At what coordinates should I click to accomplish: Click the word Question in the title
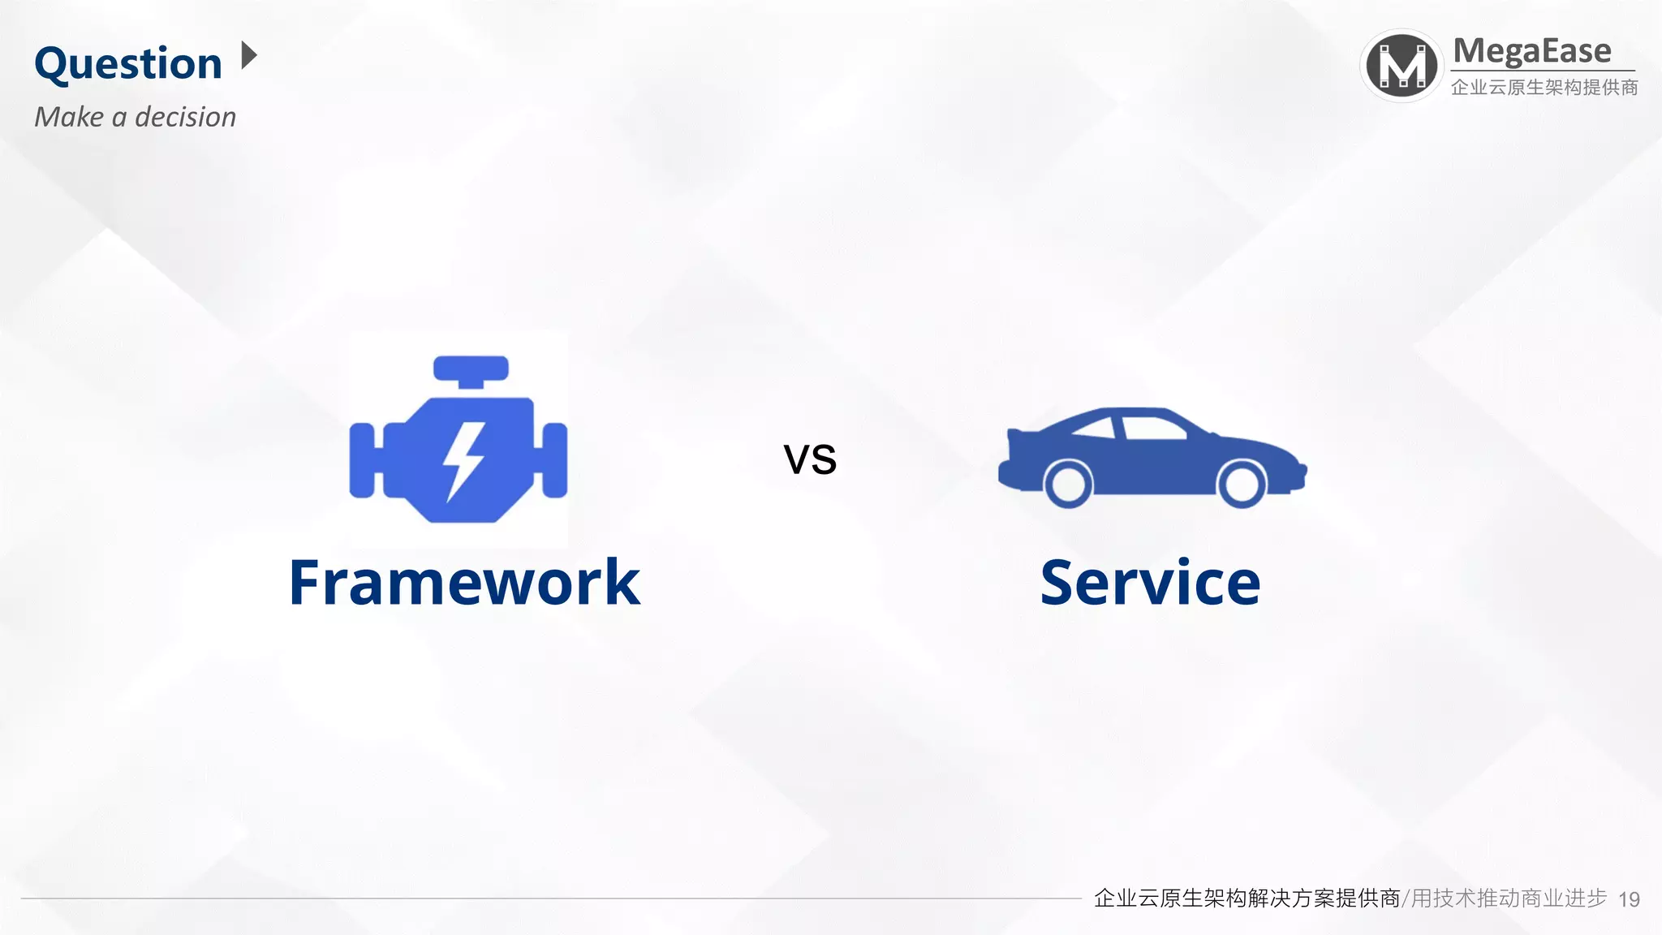(128, 63)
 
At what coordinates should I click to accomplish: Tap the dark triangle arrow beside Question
(249, 56)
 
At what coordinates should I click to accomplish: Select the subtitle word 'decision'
(185, 117)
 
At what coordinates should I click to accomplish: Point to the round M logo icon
(1402, 66)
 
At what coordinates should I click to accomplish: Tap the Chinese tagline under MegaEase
(1544, 87)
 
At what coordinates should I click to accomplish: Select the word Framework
(464, 583)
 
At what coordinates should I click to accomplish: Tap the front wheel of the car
(1241, 484)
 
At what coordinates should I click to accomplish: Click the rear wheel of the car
(1068, 484)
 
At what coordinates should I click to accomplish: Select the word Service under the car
(1150, 583)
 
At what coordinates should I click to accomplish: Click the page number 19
(1629, 899)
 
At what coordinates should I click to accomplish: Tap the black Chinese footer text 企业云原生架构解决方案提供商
(1246, 898)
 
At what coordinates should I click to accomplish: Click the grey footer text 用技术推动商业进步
(1509, 898)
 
